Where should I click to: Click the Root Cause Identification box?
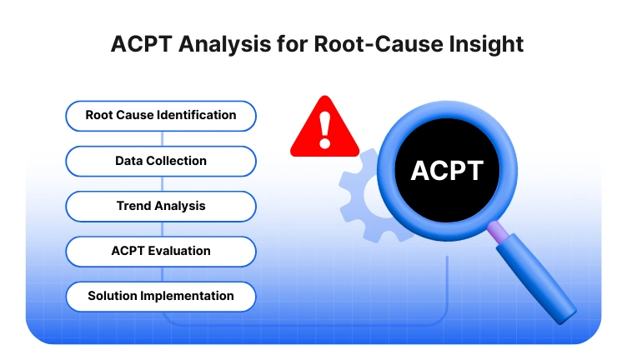[x=160, y=116]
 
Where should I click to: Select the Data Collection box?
[x=160, y=161]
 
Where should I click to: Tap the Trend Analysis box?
[x=160, y=206]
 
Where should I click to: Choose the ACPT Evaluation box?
[x=160, y=251]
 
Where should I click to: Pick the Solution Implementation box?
[x=160, y=296]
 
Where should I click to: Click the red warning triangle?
[x=324, y=129]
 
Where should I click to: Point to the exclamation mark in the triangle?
[x=324, y=129]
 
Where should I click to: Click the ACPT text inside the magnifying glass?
[x=446, y=171]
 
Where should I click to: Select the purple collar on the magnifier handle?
[x=498, y=231]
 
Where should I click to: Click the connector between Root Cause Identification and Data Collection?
[x=160, y=138]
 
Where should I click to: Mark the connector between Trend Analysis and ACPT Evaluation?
[x=160, y=228]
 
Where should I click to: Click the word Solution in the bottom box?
[x=113, y=296]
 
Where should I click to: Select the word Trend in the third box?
[x=133, y=206]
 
